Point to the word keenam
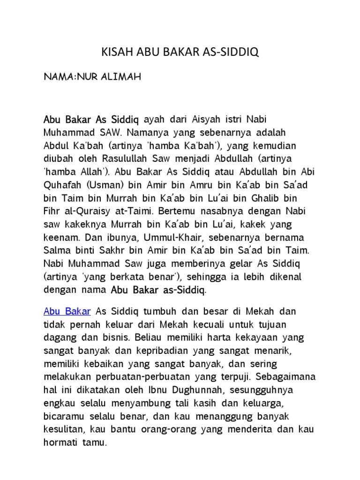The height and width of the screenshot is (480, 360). tap(60, 237)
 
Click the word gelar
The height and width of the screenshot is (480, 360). tap(220, 264)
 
